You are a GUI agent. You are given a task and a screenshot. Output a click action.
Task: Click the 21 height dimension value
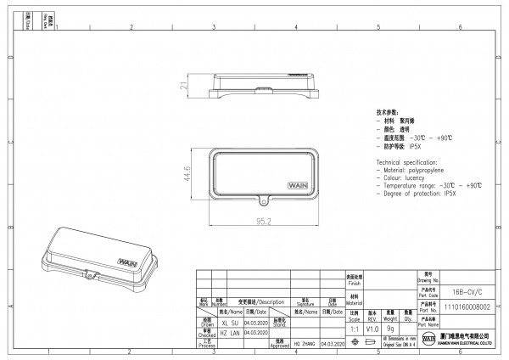[183, 86]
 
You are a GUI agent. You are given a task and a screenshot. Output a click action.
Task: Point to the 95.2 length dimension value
[263, 222]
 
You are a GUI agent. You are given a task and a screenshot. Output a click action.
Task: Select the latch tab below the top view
[264, 202]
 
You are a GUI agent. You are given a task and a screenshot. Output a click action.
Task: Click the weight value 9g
[390, 328]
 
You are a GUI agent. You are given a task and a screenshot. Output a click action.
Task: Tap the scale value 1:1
[354, 328]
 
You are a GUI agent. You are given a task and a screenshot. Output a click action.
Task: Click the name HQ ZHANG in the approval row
[304, 344]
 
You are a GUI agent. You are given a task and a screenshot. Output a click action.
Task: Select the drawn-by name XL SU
[229, 323]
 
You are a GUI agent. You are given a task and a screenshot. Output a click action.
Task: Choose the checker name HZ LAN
[229, 334]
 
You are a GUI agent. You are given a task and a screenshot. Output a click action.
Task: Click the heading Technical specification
[406, 161]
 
